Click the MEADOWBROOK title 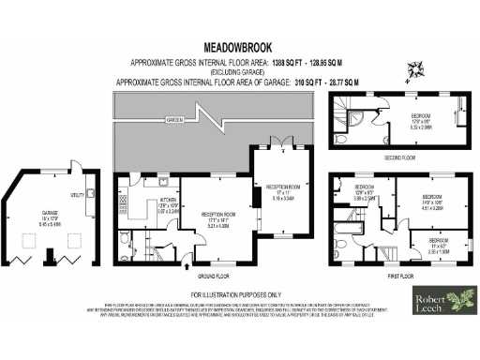238,44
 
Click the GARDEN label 174,120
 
